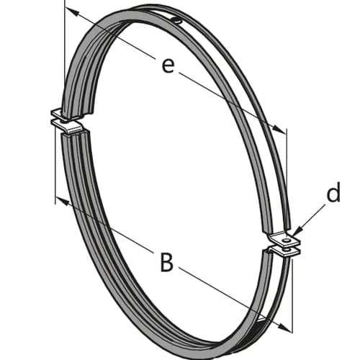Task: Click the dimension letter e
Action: coord(168,66)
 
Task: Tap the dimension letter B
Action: coord(166,262)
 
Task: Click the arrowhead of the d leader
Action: coord(297,231)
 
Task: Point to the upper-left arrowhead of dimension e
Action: coord(71,12)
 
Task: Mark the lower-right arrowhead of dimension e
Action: coord(279,129)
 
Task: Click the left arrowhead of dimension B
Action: coord(62,200)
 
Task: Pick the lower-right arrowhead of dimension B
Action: coord(285,328)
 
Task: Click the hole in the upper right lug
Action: coord(286,240)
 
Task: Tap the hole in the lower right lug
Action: coord(285,250)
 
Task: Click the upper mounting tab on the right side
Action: coord(284,239)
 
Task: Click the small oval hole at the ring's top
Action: coord(177,21)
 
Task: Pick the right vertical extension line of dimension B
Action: coord(292,296)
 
